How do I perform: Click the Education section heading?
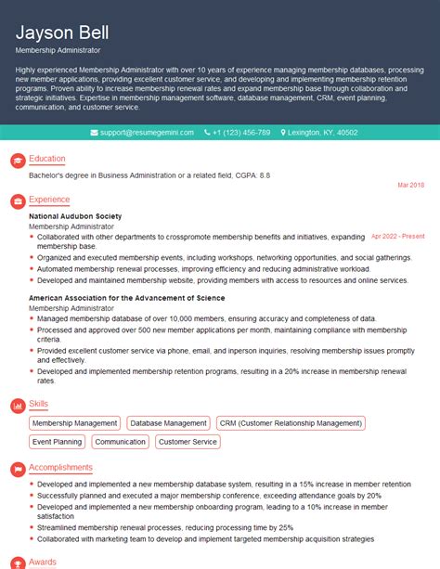point(47,160)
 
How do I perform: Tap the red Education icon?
point(17,161)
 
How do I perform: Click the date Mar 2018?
point(410,186)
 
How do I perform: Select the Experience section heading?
point(49,200)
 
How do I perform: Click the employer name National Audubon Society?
point(75,216)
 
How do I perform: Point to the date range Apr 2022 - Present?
point(397,237)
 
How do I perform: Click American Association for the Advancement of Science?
point(126,298)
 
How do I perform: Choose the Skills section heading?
point(39,406)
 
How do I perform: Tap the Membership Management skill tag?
point(75,423)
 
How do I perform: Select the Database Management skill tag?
point(168,423)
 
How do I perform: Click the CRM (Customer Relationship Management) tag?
point(290,423)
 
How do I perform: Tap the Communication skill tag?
point(121,442)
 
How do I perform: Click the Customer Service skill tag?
point(188,442)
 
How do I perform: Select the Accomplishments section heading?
point(60,468)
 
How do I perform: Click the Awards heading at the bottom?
point(43,562)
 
